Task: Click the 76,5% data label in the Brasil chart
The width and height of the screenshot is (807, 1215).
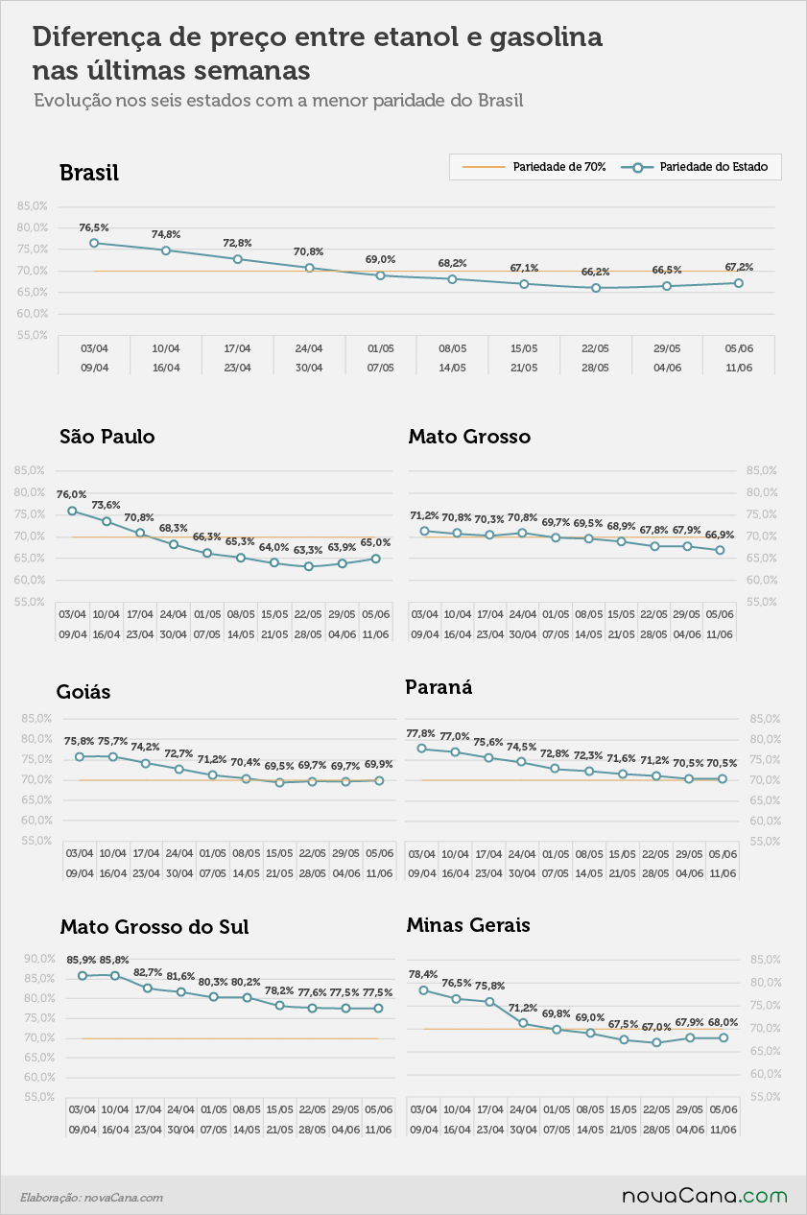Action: [94, 227]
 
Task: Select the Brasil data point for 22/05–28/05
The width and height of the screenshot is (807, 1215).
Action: [596, 288]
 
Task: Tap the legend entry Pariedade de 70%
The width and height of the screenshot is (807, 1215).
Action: [534, 167]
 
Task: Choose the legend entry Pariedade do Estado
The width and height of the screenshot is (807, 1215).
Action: [694, 167]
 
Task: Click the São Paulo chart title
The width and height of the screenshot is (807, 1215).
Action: [107, 437]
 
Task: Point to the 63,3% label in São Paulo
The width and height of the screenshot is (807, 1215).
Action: [308, 550]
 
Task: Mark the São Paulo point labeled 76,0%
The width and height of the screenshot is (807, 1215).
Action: [72, 511]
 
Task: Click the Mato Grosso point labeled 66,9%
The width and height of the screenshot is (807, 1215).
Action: [720, 550]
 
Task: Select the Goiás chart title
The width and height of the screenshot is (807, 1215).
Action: [83, 692]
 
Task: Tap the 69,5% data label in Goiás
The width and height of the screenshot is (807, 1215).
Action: [279, 766]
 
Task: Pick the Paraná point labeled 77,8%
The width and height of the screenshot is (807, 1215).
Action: [422, 749]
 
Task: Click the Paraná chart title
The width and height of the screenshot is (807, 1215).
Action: [439, 687]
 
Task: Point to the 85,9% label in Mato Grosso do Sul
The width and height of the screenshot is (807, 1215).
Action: [82, 960]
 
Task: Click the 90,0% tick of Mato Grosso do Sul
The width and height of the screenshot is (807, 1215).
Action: [39, 959]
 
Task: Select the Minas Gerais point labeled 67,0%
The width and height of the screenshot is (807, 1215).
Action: [656, 1042]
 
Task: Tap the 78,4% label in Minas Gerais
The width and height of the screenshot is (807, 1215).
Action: [423, 974]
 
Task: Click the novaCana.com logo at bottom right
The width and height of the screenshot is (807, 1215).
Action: [704, 1196]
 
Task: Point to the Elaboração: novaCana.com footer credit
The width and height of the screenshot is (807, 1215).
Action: [92, 1197]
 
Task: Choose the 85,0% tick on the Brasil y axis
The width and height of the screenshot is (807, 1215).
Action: [32, 206]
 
